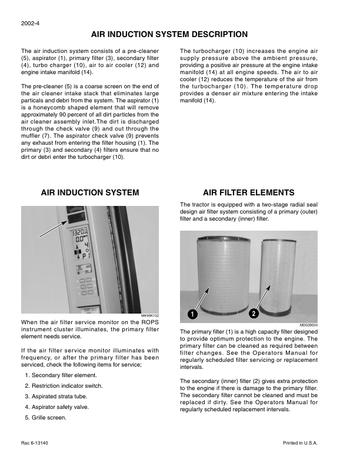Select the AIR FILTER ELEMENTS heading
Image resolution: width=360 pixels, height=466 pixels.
pyautogui.click(x=248, y=192)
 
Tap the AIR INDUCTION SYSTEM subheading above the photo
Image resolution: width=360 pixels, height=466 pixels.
pyautogui.click(x=90, y=192)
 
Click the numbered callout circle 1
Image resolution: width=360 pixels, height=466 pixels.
pyautogui.click(x=192, y=314)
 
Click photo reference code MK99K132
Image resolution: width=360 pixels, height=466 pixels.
pyautogui.click(x=151, y=317)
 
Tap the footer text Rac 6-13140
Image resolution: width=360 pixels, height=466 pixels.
pyautogui.click(x=35, y=442)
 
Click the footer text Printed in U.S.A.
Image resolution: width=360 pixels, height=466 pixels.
pyautogui.click(x=300, y=442)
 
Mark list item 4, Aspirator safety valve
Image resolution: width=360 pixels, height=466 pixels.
pyautogui.click(x=58, y=407)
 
